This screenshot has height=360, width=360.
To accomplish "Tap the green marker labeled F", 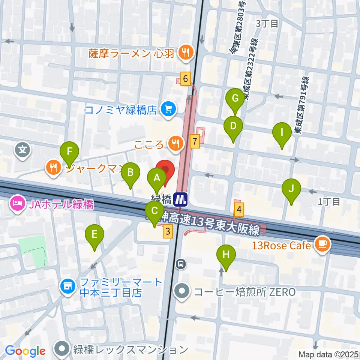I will [69, 151].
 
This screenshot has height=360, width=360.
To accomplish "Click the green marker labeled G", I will [235, 99].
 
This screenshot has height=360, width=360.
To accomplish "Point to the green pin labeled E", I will [94, 235].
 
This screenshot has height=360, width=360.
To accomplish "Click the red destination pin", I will [165, 169].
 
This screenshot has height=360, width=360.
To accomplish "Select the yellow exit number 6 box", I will [185, 79].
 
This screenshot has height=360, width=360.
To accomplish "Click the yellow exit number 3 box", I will [168, 232].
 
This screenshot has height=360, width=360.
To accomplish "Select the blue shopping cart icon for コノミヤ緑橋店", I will [167, 109].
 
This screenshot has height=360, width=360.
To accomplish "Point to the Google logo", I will [25, 351].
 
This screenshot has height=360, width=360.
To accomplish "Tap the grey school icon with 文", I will [23, 150].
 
